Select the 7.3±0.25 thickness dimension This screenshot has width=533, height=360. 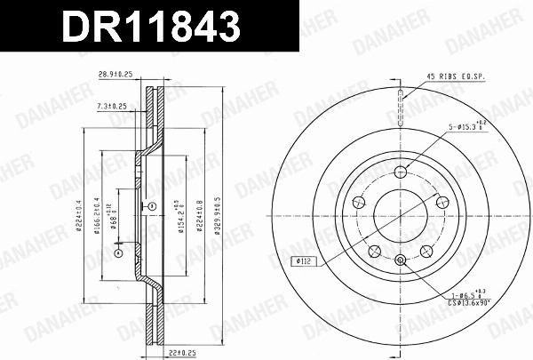tap(112, 106)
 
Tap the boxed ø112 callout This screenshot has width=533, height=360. tap(304, 261)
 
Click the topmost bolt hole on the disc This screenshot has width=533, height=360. tap(401, 172)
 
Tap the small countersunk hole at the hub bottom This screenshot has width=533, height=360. tap(401, 260)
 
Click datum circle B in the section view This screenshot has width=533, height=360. tap(152, 206)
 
